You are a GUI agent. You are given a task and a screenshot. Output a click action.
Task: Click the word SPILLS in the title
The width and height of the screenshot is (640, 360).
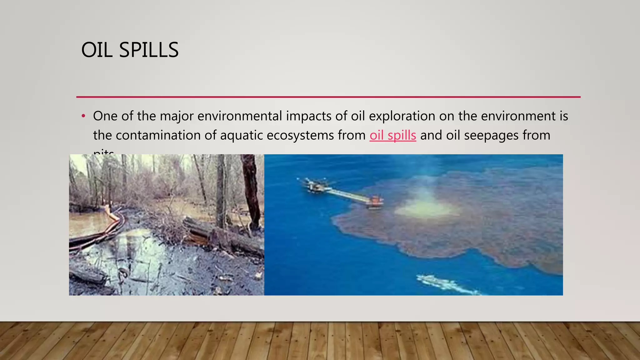(149, 50)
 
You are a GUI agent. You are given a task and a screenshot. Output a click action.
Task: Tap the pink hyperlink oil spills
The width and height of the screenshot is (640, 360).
(392, 135)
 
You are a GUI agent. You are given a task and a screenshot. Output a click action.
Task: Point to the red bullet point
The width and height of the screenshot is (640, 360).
(83, 116)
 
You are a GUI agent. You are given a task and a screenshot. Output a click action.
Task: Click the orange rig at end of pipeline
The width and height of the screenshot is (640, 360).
(376, 201)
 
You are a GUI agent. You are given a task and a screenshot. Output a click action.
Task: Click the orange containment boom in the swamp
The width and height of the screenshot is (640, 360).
(114, 219)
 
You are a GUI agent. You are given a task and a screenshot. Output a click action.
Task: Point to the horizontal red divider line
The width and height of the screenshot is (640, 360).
(328, 97)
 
